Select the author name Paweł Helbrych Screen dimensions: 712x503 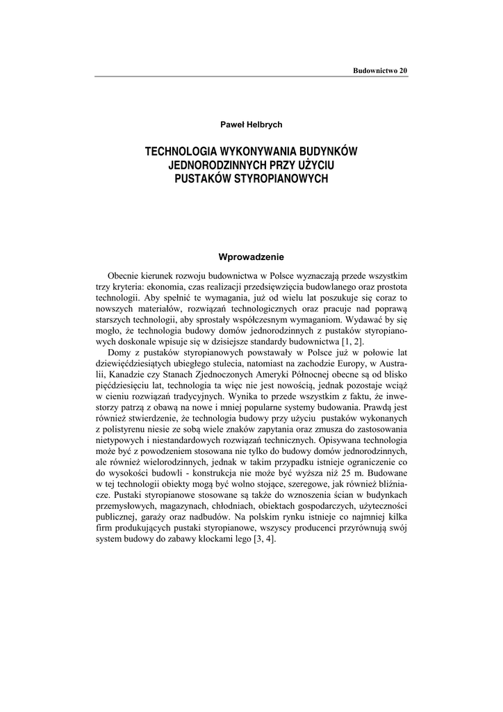(x=251, y=124)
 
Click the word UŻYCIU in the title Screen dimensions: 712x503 (x=313, y=165)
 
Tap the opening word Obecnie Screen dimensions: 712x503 (x=124, y=277)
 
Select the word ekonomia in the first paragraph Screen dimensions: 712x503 (x=183, y=288)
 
